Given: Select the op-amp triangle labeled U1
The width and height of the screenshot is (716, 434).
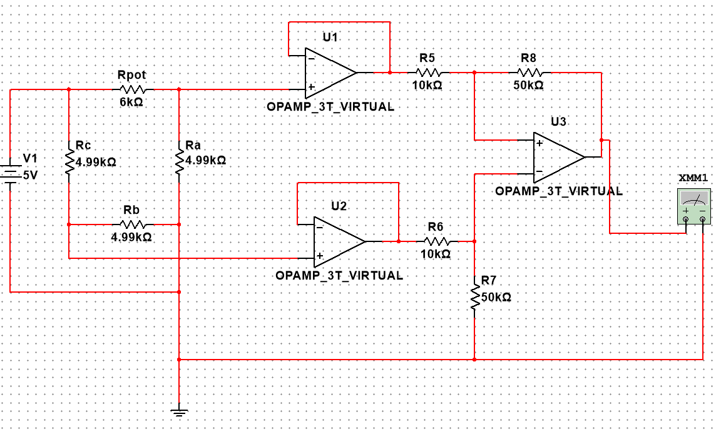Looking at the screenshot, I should pyautogui.click(x=329, y=72).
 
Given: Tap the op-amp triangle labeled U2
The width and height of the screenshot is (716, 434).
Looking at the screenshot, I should pyautogui.click(x=338, y=241).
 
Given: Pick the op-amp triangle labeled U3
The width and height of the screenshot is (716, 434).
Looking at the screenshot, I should pyautogui.click(x=557, y=156).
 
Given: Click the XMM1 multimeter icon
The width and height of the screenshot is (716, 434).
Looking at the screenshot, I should pyautogui.click(x=695, y=206).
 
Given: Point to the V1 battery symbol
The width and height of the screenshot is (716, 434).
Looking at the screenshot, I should pyautogui.click(x=11, y=173).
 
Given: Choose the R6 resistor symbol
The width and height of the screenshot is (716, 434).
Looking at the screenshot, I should pyautogui.click(x=436, y=241).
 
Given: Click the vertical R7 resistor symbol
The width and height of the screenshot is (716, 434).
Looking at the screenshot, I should pyautogui.click(x=474, y=296).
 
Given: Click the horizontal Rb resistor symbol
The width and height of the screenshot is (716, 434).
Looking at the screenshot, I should pyautogui.click(x=131, y=224).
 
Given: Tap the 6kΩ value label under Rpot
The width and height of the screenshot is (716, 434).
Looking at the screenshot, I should pyautogui.click(x=131, y=102).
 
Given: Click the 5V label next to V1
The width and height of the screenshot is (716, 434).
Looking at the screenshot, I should pyautogui.click(x=31, y=176).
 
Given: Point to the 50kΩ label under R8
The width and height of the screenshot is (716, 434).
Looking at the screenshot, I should pyautogui.click(x=529, y=86).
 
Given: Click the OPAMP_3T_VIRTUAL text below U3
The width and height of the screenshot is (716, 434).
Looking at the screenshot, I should pyautogui.click(x=558, y=191).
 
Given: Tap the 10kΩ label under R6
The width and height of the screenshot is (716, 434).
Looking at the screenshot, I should pyautogui.click(x=436, y=255).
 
